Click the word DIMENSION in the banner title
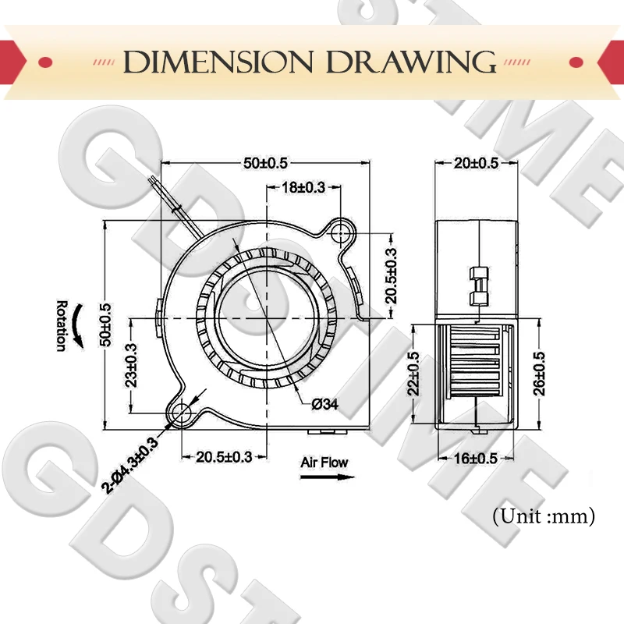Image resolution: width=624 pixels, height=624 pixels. pos(218,62)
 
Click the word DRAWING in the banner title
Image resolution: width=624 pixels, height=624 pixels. pos(411,62)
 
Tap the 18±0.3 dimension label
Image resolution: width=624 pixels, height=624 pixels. pos(303,187)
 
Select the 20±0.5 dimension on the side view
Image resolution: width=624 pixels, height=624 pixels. pos(476,163)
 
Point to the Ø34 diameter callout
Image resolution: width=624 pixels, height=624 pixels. pos(325,404)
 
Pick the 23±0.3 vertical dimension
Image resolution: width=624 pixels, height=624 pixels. pos(131,365)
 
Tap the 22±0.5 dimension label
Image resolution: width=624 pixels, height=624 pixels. pos(413,374)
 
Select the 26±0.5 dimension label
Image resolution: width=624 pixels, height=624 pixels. pos(539,374)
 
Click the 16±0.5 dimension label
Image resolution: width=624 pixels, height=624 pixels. pos(476,459)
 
